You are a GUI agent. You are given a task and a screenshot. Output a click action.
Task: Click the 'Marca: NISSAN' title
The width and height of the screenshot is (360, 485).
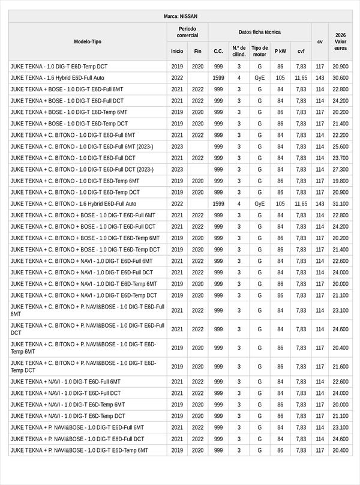[x=180, y=16]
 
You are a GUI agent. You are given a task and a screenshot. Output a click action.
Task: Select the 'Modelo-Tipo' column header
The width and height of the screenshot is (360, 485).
[x=88, y=41]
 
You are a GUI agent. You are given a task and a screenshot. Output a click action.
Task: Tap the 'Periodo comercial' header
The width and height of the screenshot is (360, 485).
[x=187, y=32]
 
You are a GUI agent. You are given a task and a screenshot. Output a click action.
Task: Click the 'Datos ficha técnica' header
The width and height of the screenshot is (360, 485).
[x=259, y=32]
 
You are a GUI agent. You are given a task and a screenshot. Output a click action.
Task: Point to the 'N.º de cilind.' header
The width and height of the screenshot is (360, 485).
[x=239, y=51]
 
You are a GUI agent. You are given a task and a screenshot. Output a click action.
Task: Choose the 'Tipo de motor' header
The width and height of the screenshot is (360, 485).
[x=259, y=51]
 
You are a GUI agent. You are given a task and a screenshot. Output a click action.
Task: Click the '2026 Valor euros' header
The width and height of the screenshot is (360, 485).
[x=340, y=41]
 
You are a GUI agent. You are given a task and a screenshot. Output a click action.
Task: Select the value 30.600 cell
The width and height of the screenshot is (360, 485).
[x=340, y=78]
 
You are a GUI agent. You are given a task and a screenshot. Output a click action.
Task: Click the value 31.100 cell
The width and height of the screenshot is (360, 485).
[x=340, y=204]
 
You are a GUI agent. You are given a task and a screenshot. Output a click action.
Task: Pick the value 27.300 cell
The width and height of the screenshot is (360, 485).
[x=340, y=170]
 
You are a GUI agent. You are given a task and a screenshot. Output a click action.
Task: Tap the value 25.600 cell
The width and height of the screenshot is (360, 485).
[x=340, y=146]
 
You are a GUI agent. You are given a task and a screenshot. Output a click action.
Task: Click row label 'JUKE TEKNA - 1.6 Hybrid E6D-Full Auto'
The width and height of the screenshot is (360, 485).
[x=58, y=78]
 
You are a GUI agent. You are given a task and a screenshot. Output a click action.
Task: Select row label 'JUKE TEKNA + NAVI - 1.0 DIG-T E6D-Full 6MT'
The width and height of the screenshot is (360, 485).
[x=65, y=382]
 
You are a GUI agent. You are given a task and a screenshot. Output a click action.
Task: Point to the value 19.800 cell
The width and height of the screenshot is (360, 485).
[x=340, y=181]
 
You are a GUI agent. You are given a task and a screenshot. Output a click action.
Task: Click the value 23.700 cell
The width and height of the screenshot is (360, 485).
[x=340, y=158]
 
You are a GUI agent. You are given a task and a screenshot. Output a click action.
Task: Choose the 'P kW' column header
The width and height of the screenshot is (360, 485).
[x=280, y=51]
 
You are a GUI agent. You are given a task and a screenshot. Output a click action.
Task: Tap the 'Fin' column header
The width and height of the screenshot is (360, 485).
[x=198, y=51]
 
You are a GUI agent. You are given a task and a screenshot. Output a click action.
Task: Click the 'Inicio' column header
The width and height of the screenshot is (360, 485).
[x=177, y=51]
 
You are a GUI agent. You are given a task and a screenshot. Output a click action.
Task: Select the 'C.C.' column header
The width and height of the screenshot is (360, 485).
[x=218, y=51]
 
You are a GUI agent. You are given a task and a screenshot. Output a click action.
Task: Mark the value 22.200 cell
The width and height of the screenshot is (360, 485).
[x=340, y=136]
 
